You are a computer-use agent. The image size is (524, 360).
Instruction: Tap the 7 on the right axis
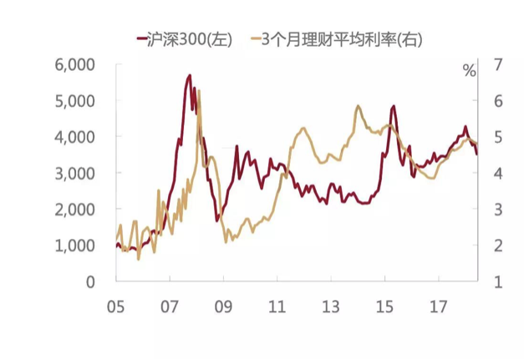498,64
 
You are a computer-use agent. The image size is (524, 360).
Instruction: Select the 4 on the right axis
498,173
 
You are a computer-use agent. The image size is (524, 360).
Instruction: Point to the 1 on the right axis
498,282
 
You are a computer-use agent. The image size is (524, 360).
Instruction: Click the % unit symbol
469,70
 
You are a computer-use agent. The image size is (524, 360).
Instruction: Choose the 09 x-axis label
224,307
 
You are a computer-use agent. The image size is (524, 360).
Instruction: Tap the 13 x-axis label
332,307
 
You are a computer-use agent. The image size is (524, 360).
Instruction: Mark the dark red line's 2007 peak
190,75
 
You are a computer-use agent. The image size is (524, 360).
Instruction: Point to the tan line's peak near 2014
358,106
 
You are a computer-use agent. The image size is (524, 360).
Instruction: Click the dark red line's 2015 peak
393,106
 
